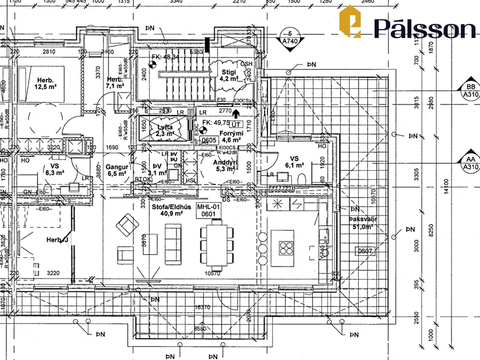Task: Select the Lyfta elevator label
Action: point(165,130)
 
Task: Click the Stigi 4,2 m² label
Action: point(228,75)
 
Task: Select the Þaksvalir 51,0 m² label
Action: point(364,223)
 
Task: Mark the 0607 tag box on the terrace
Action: point(364,251)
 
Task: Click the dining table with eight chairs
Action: point(218,244)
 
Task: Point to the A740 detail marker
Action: point(288,38)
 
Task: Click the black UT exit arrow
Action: point(236,117)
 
